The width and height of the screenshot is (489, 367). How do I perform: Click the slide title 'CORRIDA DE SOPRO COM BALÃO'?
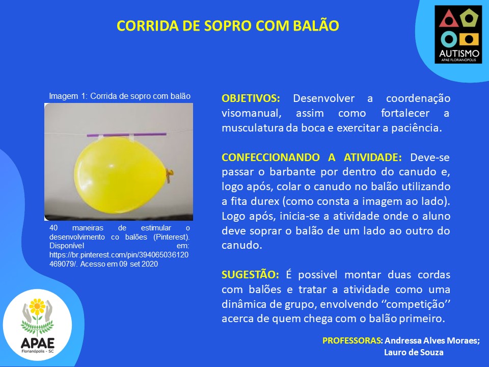tap(228, 26)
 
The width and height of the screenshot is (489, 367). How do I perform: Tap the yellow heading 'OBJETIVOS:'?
tap(251, 98)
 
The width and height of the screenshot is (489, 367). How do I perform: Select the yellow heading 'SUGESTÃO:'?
tap(250, 275)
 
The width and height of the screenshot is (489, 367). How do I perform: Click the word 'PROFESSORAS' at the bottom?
tap(351, 340)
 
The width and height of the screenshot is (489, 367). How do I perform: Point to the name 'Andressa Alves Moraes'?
tap(431, 340)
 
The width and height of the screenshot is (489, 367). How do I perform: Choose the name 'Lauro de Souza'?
tap(414, 353)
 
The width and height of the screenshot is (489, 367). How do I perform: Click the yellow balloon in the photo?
tap(120, 175)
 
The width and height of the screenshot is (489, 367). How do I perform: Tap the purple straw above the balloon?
tap(126, 135)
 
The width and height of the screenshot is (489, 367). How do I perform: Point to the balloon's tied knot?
tap(169, 175)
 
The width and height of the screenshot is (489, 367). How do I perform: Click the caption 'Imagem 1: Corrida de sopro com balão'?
tap(120, 96)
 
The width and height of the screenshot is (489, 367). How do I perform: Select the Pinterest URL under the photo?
tap(119, 259)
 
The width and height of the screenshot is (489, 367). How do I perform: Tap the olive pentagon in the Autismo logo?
tap(469, 18)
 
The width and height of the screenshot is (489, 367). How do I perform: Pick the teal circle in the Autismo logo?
tap(449, 39)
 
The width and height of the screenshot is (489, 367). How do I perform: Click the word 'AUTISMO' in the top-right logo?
tap(459, 54)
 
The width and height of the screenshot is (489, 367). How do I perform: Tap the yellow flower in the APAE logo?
tap(37, 306)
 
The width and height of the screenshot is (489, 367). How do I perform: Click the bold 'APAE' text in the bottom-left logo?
tap(37, 344)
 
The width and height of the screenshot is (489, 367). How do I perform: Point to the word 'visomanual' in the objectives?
tap(251, 113)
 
